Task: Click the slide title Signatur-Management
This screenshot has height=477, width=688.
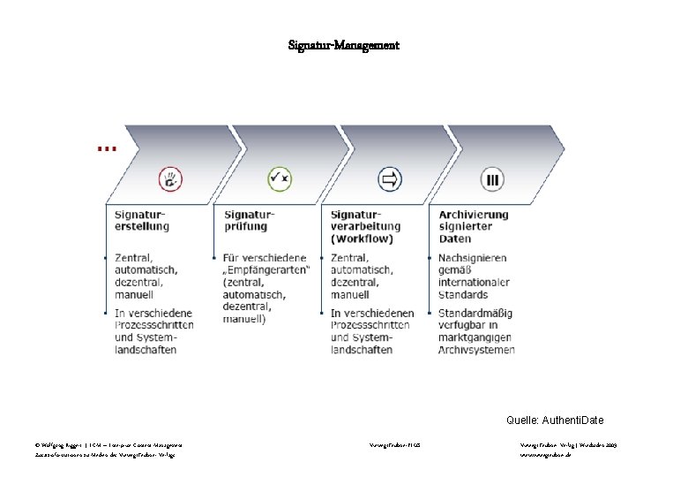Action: tap(344, 44)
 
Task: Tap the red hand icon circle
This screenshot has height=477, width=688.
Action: tap(170, 180)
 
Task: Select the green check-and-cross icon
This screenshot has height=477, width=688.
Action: tap(280, 180)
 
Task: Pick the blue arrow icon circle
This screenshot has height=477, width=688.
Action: tap(388, 180)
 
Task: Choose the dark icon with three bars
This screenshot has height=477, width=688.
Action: tap(492, 180)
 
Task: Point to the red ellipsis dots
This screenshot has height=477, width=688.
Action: tap(106, 149)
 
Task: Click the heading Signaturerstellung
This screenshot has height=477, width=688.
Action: tap(141, 220)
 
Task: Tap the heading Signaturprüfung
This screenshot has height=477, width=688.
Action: tap(250, 220)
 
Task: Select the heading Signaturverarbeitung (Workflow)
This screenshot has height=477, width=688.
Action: tap(363, 226)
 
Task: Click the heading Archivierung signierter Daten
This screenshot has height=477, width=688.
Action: tap(474, 226)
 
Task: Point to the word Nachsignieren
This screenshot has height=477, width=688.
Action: tap(473, 258)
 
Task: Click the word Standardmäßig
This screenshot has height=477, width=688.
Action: tap(475, 313)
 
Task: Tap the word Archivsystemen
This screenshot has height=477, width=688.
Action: tap(476, 350)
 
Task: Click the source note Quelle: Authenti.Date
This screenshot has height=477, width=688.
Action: tap(556, 420)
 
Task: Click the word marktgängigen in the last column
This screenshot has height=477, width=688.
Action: tap(476, 337)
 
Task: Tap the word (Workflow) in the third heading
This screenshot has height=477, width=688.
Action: tap(363, 238)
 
